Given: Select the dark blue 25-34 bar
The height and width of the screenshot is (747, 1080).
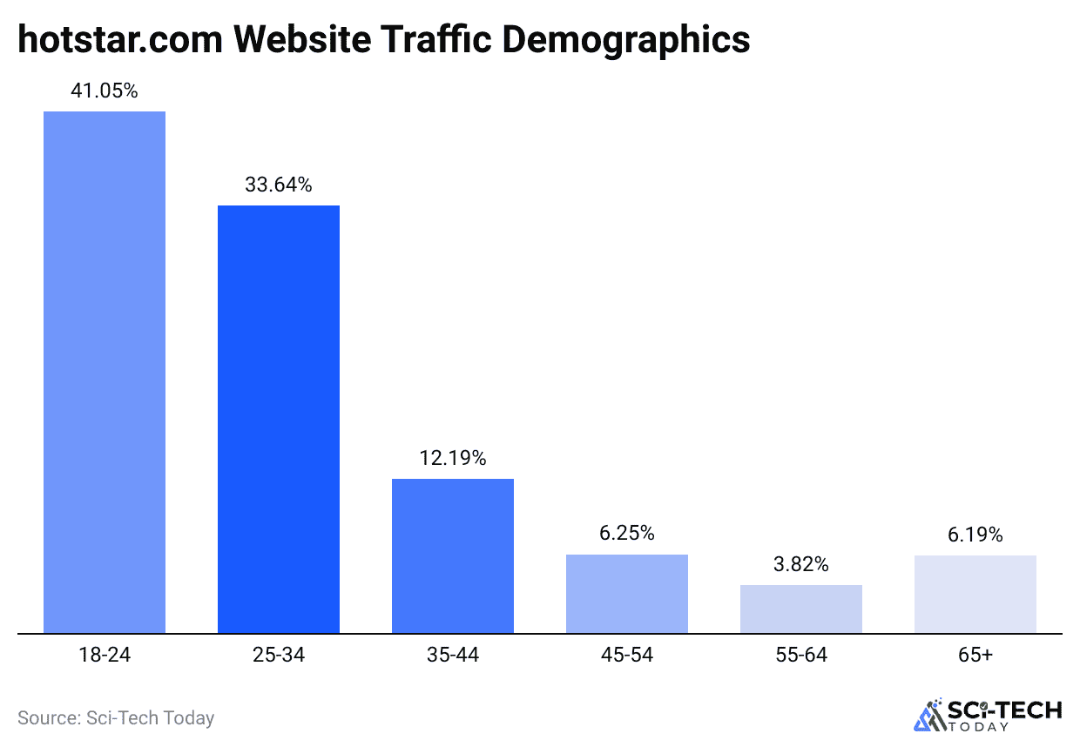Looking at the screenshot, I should click(x=279, y=419).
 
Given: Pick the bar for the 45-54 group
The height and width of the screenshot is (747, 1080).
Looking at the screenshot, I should click(x=627, y=594).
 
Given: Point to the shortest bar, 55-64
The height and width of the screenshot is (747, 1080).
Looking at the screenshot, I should click(x=801, y=609).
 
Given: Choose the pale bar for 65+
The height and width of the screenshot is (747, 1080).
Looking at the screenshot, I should click(x=975, y=594).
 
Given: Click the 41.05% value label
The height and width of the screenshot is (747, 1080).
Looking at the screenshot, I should click(x=105, y=91).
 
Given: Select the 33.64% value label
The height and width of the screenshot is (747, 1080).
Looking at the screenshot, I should click(x=279, y=185).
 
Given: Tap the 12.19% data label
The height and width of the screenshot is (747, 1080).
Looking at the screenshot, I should click(x=453, y=458).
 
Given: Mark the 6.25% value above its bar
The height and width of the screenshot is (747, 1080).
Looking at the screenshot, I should click(x=627, y=534).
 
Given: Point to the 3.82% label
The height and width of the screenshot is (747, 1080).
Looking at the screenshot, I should click(x=801, y=564).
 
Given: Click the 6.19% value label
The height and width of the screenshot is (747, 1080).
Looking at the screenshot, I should click(x=975, y=535).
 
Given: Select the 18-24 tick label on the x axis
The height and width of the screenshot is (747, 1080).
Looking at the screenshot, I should click(x=105, y=656).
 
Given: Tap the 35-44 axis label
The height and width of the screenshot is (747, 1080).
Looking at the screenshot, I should click(x=453, y=656).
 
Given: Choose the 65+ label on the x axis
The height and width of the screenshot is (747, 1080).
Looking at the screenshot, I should click(x=975, y=656).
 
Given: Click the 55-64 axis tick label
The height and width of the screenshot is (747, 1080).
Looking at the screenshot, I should click(x=801, y=656).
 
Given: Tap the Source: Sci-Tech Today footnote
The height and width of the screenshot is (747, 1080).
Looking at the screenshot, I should click(x=116, y=718).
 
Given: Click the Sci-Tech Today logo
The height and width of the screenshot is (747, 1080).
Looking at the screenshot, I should click(x=988, y=715).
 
